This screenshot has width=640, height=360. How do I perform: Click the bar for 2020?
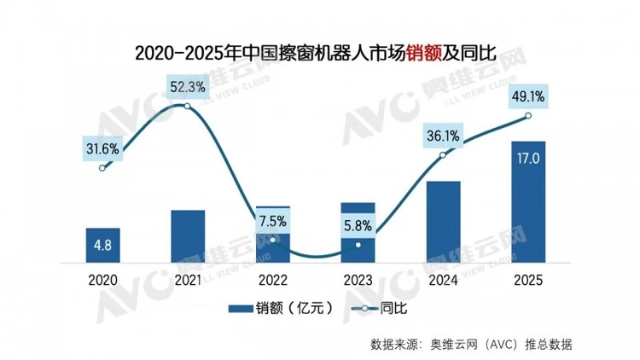[x=102, y=247]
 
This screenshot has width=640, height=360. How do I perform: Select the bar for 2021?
[x=188, y=239]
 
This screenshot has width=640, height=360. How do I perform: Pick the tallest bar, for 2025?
[x=528, y=205]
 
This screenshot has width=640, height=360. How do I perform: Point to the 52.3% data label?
[x=188, y=86]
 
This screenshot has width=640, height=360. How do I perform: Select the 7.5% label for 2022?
[x=273, y=221]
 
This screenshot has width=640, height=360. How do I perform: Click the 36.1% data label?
[x=444, y=134]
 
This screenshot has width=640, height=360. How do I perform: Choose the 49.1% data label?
[x=528, y=96]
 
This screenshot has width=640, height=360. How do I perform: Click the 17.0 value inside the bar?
[x=528, y=157]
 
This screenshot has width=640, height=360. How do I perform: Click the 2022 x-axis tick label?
[x=273, y=279]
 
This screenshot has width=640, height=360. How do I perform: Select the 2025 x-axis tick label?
[x=528, y=279]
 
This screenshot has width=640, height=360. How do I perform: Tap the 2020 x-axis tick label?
[x=102, y=279]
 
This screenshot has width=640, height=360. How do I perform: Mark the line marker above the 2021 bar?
[x=188, y=106]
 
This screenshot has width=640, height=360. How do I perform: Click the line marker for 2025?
[x=528, y=116]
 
